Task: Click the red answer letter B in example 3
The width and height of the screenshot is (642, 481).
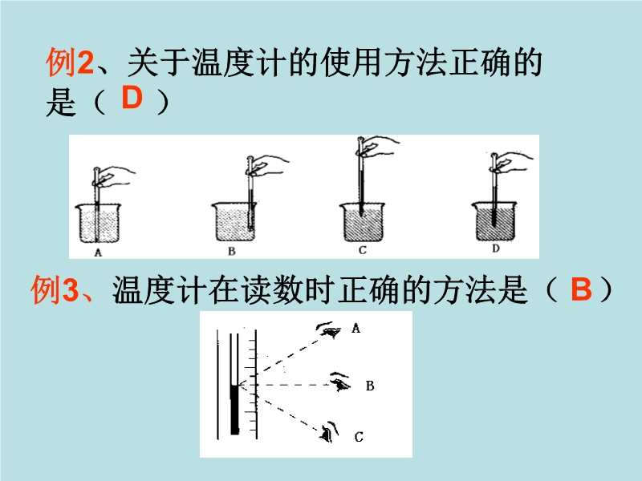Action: tap(581, 289)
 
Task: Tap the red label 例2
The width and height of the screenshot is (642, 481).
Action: tap(70, 63)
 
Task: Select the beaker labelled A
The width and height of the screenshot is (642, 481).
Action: tap(98, 224)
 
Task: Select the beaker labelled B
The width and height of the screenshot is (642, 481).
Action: tap(234, 222)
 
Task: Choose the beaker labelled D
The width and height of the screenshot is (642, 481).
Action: tap(494, 221)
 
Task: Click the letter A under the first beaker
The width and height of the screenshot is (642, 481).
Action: tap(98, 253)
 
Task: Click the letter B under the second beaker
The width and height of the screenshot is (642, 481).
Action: tap(232, 251)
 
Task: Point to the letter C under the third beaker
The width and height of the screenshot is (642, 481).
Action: tap(363, 250)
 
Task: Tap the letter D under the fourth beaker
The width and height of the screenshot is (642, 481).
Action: tap(496, 249)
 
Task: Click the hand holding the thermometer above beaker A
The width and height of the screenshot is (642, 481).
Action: tap(116, 176)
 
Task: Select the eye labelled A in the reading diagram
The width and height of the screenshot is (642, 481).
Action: tap(329, 329)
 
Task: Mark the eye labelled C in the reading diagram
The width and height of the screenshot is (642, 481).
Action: tap(330, 432)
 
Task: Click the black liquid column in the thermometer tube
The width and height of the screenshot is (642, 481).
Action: tap(234, 410)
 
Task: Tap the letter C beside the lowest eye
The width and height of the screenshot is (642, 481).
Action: tap(359, 437)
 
